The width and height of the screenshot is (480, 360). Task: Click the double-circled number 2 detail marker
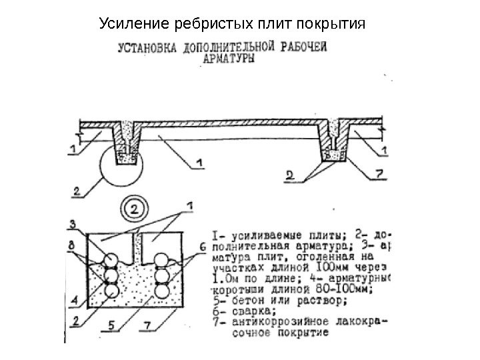pos(134,209)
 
